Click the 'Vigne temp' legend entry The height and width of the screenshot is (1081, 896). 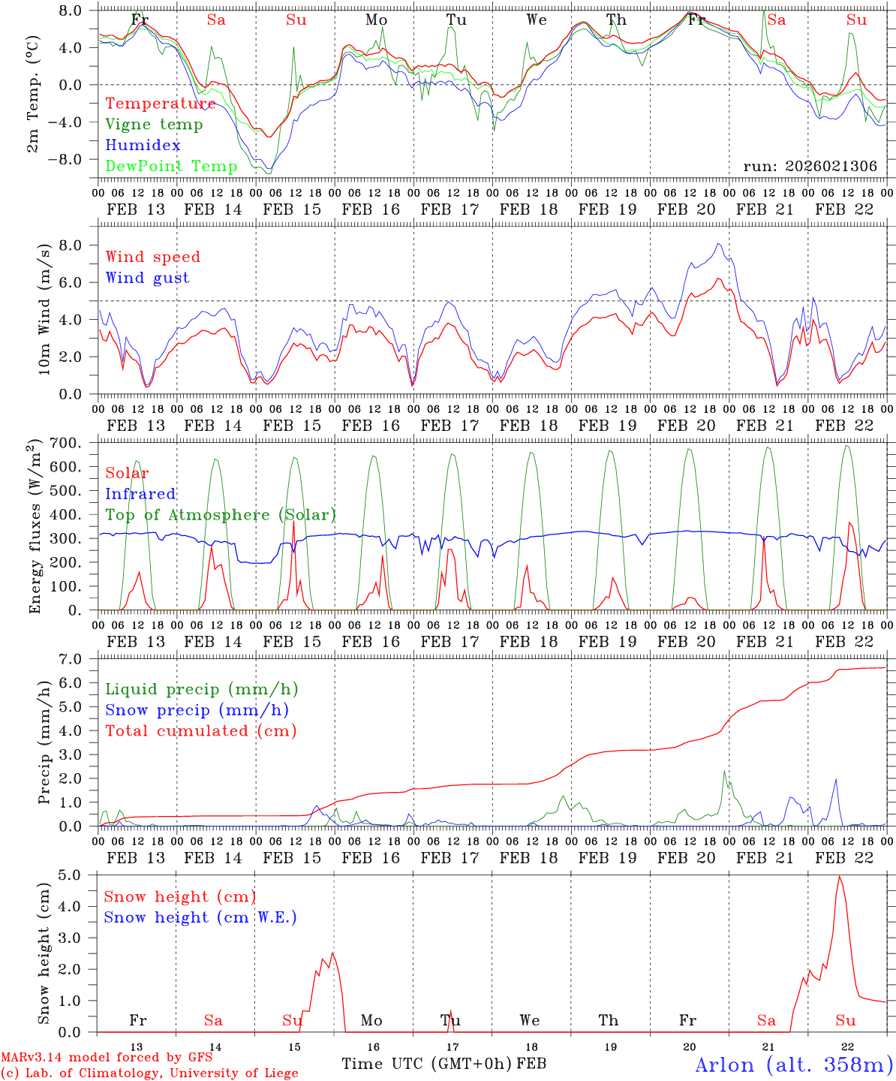(154, 125)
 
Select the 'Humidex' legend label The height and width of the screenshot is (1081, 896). (143, 146)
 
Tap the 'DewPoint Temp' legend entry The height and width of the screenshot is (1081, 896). (171, 166)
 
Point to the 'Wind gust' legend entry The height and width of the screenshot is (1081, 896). (148, 278)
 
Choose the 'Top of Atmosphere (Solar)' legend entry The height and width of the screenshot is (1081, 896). (221, 515)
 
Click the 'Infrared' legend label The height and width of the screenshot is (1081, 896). (140, 494)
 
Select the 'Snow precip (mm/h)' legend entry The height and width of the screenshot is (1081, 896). (197, 710)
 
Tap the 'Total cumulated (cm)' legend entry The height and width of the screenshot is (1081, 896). (201, 730)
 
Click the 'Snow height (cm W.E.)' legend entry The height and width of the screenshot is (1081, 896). (200, 917)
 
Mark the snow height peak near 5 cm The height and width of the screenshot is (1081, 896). (839, 876)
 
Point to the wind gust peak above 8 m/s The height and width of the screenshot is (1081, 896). (719, 243)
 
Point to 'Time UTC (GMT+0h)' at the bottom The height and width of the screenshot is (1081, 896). (427, 1064)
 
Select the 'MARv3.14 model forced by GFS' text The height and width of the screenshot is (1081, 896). (106, 1058)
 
